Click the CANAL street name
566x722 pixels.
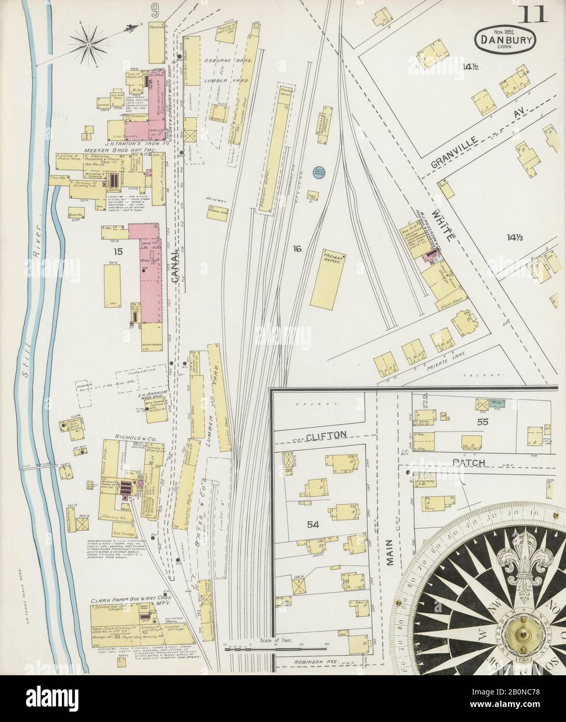(174, 264)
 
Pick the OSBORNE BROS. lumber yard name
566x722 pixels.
(232, 61)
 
